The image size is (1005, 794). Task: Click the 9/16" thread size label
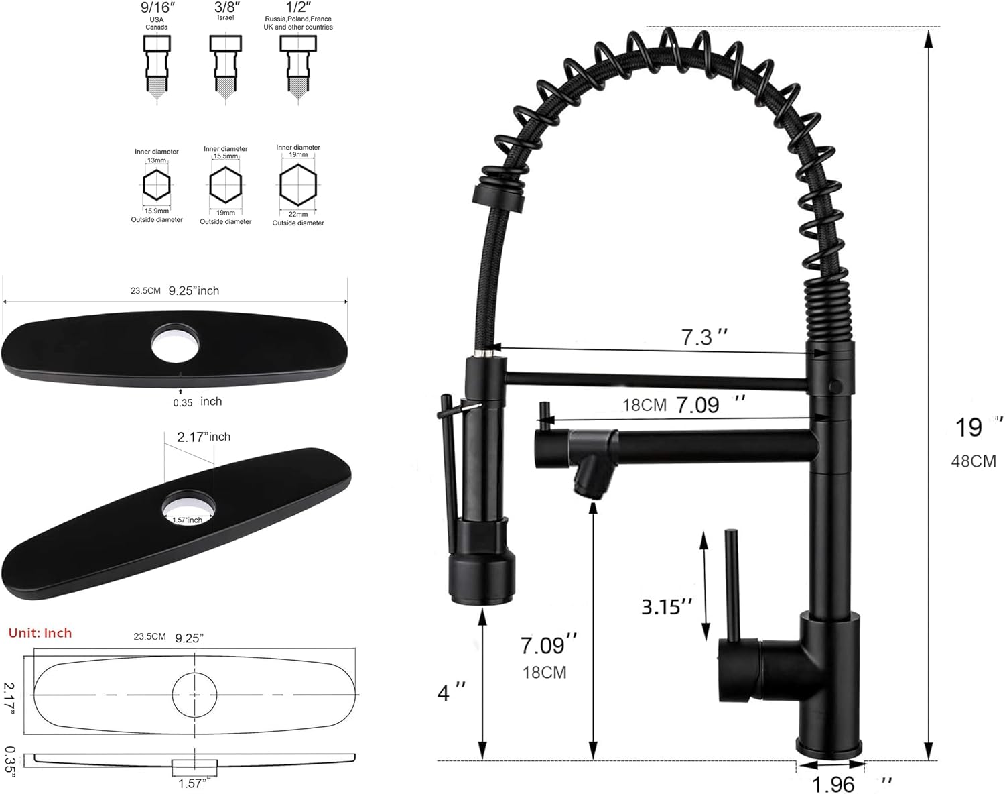(157, 8)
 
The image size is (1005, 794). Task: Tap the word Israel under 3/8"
(226, 17)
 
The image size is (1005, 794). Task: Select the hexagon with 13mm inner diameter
(157, 185)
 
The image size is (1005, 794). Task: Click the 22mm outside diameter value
(298, 214)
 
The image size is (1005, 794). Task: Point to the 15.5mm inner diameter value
(226, 156)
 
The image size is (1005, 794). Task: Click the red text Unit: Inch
(40, 633)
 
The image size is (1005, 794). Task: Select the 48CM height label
(974, 461)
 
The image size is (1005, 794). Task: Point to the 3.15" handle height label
(667, 606)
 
